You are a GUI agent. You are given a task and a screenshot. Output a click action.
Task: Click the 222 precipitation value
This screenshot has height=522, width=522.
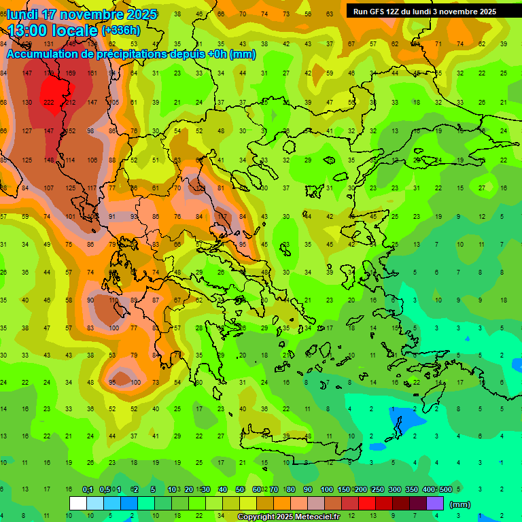click(x=49, y=102)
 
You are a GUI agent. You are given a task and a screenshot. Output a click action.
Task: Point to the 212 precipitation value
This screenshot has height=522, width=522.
click(x=71, y=102)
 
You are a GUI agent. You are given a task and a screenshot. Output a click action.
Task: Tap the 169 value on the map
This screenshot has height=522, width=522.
click(x=71, y=73)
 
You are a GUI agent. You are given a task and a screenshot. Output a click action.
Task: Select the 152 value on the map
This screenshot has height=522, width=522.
click(x=71, y=130)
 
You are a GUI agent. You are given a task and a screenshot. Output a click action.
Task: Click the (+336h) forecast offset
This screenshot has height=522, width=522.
click(x=121, y=31)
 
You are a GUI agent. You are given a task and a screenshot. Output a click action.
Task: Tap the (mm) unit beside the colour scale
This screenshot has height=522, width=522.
click(x=460, y=504)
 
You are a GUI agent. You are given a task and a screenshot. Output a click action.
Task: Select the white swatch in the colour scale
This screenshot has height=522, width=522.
click(x=78, y=503)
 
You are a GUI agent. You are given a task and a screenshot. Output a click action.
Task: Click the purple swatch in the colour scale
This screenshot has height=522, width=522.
click(x=435, y=503)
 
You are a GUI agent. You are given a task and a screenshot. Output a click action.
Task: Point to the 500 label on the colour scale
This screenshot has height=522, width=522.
click(x=445, y=490)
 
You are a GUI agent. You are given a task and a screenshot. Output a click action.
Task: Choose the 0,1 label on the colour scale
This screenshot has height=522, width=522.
click(x=88, y=490)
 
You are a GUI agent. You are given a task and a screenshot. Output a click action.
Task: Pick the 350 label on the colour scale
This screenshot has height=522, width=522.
click(x=411, y=490)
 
